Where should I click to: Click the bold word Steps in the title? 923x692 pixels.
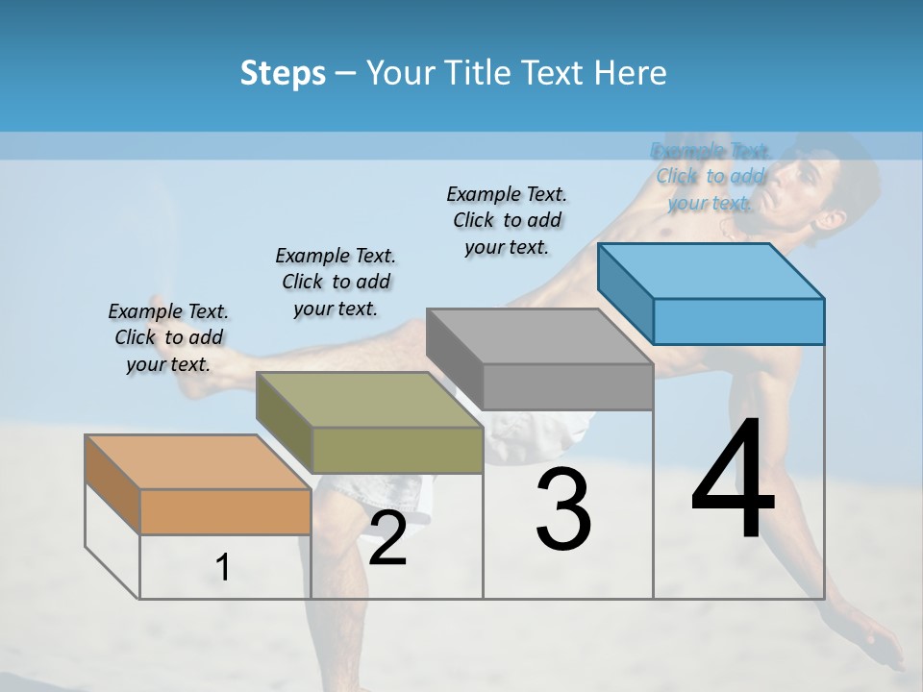tap(283, 73)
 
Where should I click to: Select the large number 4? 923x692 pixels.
tap(733, 481)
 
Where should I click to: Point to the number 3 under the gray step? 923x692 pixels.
tap(563, 509)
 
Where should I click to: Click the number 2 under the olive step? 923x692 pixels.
tap(387, 538)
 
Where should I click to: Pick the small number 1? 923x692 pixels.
tap(223, 568)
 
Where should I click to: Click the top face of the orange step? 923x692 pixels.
tap(197, 462)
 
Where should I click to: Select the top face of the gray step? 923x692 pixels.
tap(539, 336)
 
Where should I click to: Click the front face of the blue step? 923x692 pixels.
tap(738, 321)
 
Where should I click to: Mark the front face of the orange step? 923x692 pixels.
tap(225, 511)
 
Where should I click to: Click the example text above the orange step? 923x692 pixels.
tap(168, 337)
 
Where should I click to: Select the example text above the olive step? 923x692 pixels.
tap(336, 282)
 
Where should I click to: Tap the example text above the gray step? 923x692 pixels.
tap(507, 220)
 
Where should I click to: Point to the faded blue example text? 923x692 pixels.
tap(711, 177)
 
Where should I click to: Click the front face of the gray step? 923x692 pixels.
tap(567, 386)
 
